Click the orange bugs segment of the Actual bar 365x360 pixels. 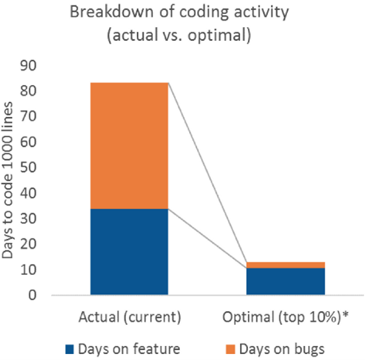(x=130, y=145)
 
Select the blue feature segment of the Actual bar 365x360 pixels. (x=130, y=252)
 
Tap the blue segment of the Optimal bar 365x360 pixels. (x=285, y=281)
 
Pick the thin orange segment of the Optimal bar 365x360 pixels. (x=285, y=265)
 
